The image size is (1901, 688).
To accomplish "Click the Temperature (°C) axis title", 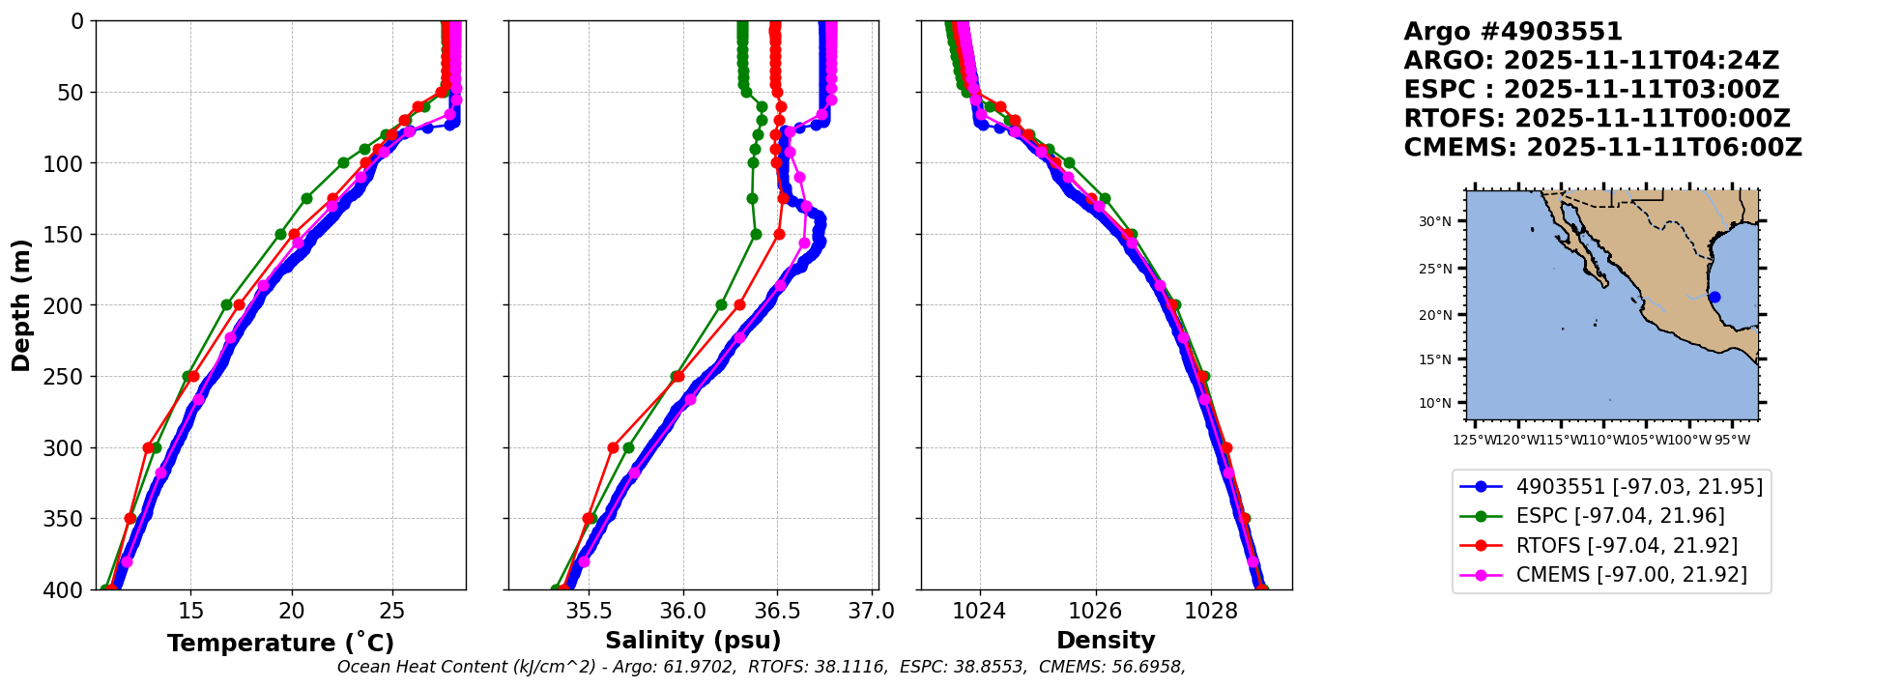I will tap(280, 644).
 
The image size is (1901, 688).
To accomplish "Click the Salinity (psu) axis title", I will tap(693, 641).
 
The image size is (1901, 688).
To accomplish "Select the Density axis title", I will tap(1106, 641).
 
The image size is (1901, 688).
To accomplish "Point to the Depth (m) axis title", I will tap(21, 305).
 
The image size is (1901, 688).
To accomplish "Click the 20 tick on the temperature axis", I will tap(292, 611).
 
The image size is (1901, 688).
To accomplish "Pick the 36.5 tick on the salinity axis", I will tap(777, 611).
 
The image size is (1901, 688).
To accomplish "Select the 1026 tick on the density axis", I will tap(1096, 611).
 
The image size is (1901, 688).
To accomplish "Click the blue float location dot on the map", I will tap(1714, 297).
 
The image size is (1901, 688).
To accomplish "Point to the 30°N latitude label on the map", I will tap(1435, 221).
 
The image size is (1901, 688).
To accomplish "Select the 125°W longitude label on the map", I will tap(1473, 441).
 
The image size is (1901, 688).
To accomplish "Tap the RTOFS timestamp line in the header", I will tap(1597, 119).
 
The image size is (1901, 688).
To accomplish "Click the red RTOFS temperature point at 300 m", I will tap(148, 447).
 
